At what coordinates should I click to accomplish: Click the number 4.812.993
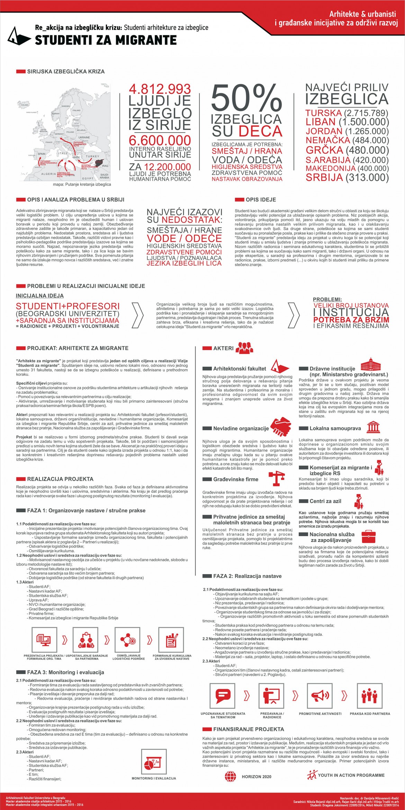tap(160, 89)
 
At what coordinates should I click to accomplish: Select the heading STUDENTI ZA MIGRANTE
tap(106, 41)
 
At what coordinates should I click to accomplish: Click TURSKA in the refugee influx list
tap(323, 113)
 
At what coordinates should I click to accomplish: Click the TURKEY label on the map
tap(92, 157)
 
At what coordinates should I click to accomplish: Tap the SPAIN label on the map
tap(42, 154)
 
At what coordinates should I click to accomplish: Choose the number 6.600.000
tap(160, 141)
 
